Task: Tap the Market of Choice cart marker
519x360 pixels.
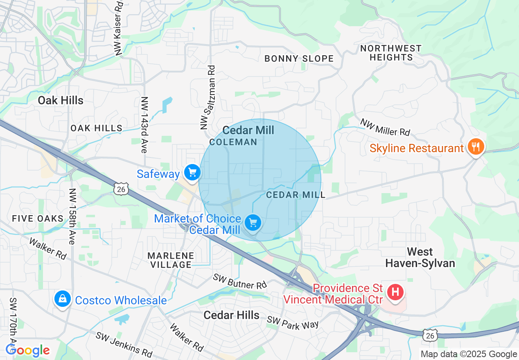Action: [x=253, y=223]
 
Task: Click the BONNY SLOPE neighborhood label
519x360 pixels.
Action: [x=299, y=59]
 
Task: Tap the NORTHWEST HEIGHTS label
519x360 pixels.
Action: [x=390, y=53]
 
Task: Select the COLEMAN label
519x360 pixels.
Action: [x=233, y=142]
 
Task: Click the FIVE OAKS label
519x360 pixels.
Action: [x=38, y=218]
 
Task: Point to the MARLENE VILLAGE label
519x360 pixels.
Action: [x=171, y=260]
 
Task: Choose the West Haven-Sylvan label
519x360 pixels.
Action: [x=420, y=257]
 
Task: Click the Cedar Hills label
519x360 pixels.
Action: [x=231, y=315]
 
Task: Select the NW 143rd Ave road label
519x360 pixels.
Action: [x=144, y=125]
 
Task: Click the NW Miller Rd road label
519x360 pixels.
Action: [x=385, y=127]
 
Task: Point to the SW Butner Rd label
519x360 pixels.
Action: [x=239, y=281]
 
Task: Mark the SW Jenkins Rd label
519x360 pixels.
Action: [x=124, y=344]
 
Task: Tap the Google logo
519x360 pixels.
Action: [x=27, y=350]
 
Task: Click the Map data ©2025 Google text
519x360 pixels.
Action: [x=469, y=354]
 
